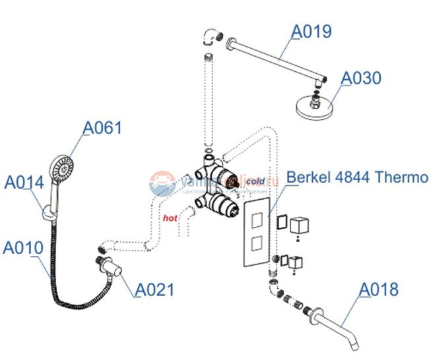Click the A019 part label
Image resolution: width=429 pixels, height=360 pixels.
coord(313,31)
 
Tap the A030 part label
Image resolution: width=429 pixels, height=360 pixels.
coord(361,78)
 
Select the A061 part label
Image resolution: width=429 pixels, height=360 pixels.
coord(102,127)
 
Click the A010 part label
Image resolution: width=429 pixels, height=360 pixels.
coord(22,248)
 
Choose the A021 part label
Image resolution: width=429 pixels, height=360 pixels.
coord(154,289)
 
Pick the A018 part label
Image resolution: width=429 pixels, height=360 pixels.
coord(379,289)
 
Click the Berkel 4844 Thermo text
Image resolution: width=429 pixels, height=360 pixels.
coord(352,178)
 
